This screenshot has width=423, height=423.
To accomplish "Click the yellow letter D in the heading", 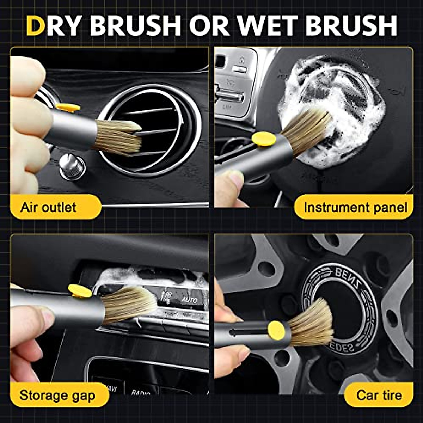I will tap(36, 25).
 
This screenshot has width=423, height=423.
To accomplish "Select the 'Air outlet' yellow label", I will tap(48, 207).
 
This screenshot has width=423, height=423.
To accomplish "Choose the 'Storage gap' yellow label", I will tap(57, 395).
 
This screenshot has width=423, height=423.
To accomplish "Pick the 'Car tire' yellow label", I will tap(379, 395).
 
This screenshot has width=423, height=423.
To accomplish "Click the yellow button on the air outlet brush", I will tap(68, 108).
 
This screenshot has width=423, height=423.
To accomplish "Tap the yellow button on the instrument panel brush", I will tap(264, 139).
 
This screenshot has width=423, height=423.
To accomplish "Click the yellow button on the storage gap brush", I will tap(80, 290).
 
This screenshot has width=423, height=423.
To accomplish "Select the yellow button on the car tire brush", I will tap(276, 330).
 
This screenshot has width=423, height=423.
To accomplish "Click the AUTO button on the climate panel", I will tap(189, 300).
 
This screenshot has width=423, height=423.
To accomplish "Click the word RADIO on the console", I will tap(140, 392).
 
